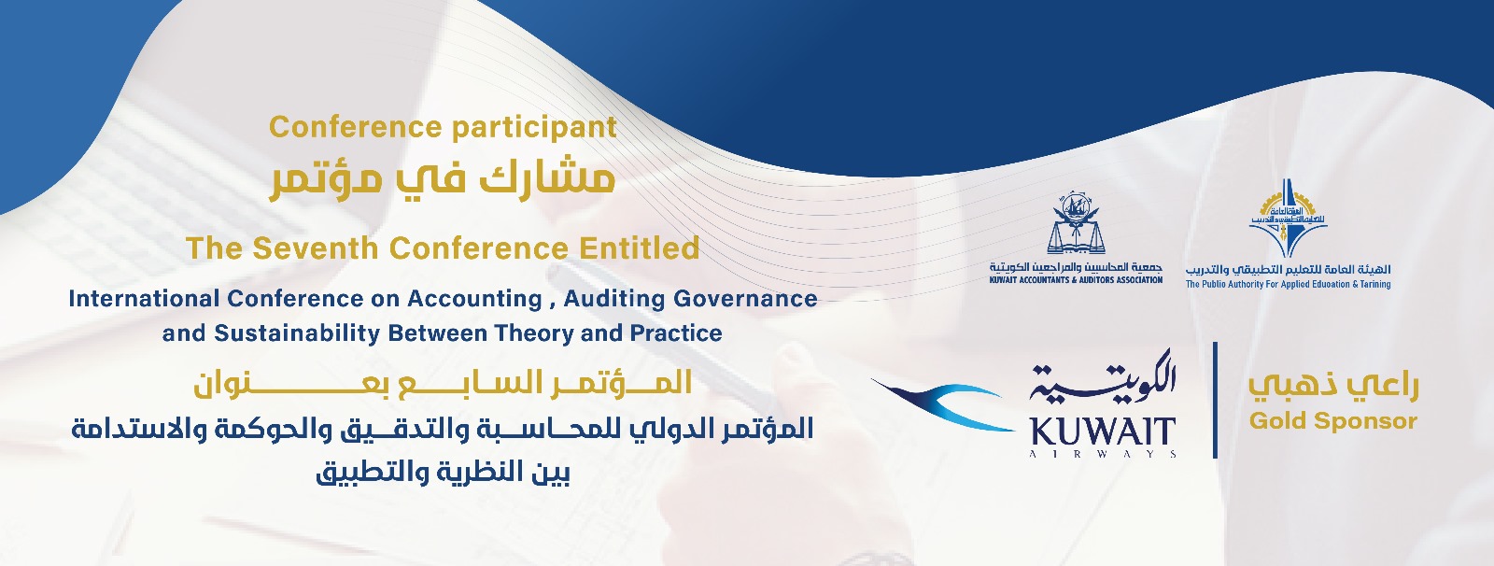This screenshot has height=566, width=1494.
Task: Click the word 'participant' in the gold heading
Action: pyautogui.click(x=531, y=128)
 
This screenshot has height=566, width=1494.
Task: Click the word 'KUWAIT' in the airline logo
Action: pyautogui.click(x=1103, y=432)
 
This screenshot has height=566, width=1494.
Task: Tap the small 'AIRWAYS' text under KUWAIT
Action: pyautogui.click(x=1103, y=455)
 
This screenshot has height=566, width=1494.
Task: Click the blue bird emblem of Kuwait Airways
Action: pyautogui.click(x=947, y=403)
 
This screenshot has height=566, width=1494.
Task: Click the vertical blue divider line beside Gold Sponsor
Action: pyautogui.click(x=1215, y=400)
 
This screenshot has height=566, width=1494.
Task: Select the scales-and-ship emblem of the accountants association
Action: pyautogui.click(x=1076, y=224)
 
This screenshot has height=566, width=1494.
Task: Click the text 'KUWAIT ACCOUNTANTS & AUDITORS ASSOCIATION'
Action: pyautogui.click(x=1076, y=280)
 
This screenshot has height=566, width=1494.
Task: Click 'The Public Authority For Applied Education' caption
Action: pyautogui.click(x=1288, y=284)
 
